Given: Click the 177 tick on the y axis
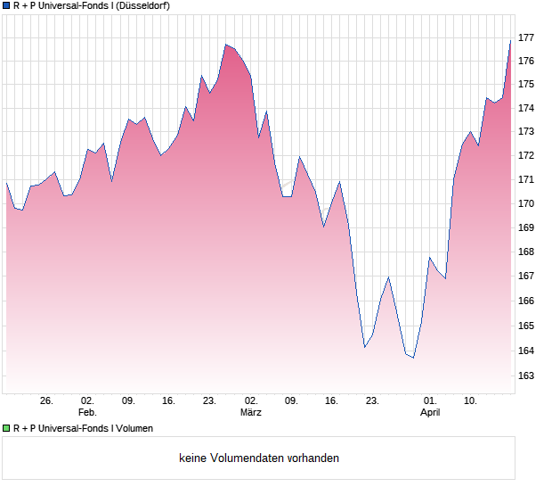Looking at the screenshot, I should click(525, 37).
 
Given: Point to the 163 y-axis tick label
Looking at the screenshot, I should click(525, 376).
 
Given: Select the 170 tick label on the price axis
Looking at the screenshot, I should click(525, 204).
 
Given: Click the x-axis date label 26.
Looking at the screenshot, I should click(47, 401).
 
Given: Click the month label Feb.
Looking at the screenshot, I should click(87, 413).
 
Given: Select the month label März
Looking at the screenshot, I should click(251, 413).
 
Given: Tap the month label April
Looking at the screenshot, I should click(430, 413).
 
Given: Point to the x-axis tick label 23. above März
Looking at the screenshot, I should click(210, 401).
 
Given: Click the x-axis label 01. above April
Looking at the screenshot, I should click(430, 401).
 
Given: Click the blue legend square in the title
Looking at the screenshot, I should click(6, 5).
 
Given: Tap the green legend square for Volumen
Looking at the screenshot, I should click(6, 428).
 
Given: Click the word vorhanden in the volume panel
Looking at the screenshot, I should click(313, 458).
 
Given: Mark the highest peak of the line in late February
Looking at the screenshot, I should click(226, 45).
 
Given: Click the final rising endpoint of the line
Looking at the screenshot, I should click(510, 40).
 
